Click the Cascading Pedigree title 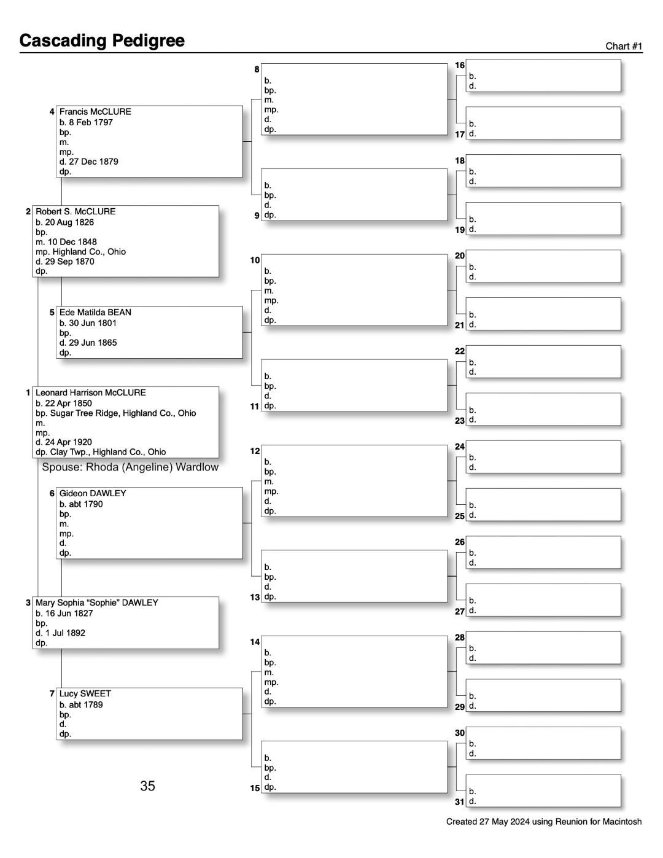[102, 41]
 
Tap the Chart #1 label [624, 46]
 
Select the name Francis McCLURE [95, 112]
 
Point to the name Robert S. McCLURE [76, 211]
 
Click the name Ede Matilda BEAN [95, 312]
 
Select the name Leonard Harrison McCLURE [91, 392]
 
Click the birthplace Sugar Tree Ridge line [115, 413]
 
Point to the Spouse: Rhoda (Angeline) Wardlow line [130, 467]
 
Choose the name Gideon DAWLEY [93, 493]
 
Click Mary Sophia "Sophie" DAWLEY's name [97, 603]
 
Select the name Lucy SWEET [85, 693]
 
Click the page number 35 [147, 786]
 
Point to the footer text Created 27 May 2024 [543, 822]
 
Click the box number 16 [460, 65]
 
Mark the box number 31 [460, 801]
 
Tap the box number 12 [255, 451]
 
